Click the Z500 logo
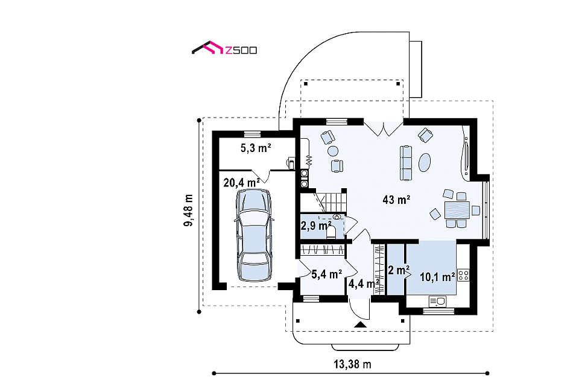pos(224,48)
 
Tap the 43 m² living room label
pos(397,200)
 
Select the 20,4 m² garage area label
pos(241,182)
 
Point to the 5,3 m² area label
pos(256,148)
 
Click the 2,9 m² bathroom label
pos(315,226)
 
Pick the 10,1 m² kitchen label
pos(438,277)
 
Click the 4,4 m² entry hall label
pos(364,284)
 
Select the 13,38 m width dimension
pos(353,364)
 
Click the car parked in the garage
pos(254,235)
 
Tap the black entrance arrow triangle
pos(361,325)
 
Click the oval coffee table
pos(424,162)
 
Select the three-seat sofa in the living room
pos(406,163)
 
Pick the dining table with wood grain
pos(457,210)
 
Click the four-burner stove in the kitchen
pos(463,275)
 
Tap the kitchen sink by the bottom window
pos(437,302)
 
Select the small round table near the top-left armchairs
pos(333,151)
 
